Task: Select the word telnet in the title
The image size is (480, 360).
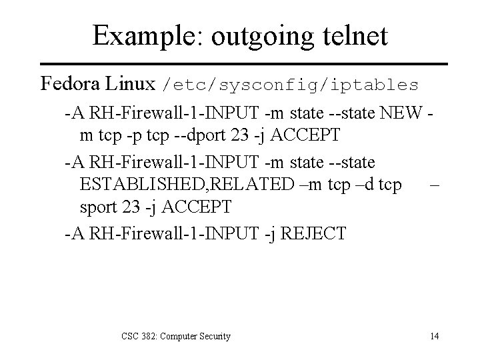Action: coord(353,35)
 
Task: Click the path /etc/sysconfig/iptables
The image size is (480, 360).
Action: coord(291,85)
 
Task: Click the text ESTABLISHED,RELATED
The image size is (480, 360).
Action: coord(176,185)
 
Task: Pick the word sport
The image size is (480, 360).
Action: coord(97,207)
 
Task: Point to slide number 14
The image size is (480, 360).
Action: coord(434,336)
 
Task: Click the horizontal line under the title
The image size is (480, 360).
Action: coord(240,65)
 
